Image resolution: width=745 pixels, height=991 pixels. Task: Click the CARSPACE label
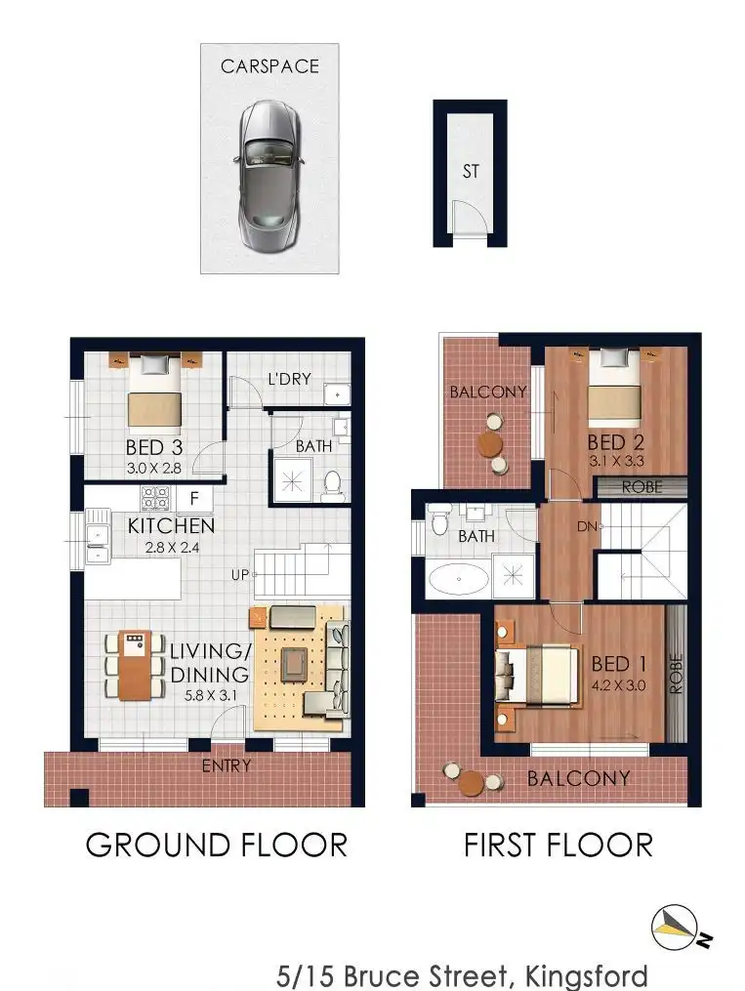(269, 66)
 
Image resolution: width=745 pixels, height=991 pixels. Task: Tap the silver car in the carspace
(269, 174)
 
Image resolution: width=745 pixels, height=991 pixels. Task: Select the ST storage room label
(470, 171)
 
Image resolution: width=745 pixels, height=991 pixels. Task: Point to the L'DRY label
(289, 379)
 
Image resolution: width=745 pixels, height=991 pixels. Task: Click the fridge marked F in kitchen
(194, 498)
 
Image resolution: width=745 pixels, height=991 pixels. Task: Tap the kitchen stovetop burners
(155, 497)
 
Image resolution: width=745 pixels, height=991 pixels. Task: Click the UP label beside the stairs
(239, 575)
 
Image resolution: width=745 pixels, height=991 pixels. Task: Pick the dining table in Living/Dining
(135, 665)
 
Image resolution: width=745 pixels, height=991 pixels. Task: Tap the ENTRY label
(227, 766)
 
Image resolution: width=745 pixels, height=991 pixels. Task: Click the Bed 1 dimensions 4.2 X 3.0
(619, 685)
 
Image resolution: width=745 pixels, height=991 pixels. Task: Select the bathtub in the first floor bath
(459, 578)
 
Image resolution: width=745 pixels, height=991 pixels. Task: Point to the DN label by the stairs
(587, 526)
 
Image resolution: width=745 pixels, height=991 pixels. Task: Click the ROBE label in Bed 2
(642, 487)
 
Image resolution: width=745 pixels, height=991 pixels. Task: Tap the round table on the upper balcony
(490, 443)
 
